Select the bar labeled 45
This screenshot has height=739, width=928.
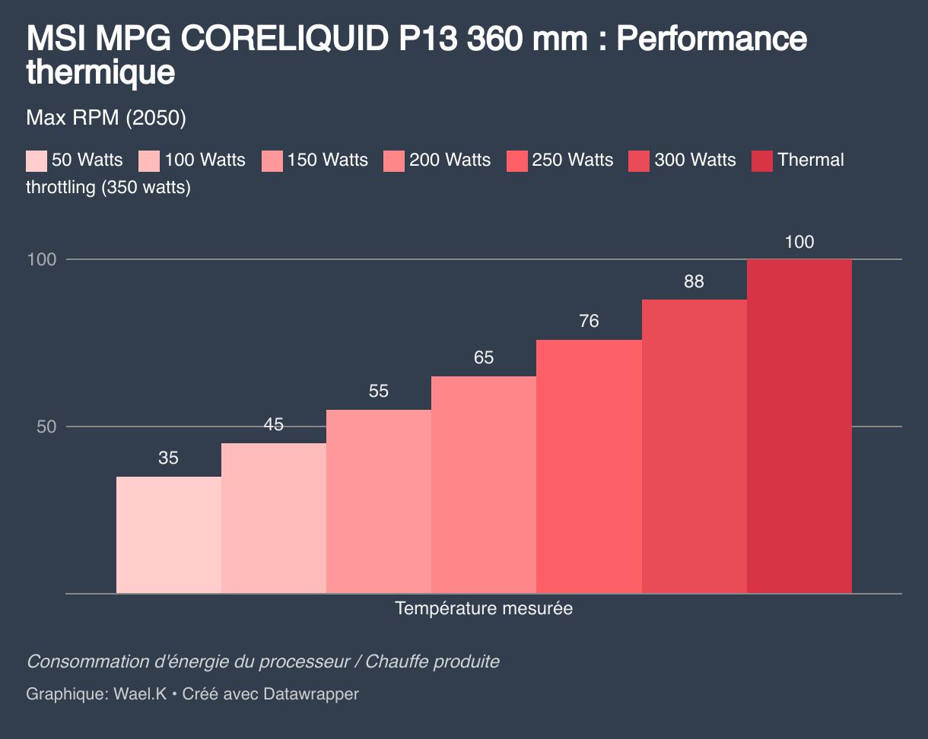274,518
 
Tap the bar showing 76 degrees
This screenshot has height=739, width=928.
589,466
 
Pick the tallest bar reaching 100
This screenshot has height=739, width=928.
799,426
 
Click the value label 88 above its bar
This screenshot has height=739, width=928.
694,282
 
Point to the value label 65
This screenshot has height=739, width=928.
484,358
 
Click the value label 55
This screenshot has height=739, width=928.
379,392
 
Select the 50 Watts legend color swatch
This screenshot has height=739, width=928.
37,160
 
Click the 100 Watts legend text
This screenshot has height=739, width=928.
205,160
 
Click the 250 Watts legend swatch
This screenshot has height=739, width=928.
517,160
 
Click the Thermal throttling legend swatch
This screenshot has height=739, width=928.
762,160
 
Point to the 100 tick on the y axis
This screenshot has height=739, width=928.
42,260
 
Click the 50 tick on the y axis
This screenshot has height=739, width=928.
46,427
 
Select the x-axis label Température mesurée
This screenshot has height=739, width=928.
484,609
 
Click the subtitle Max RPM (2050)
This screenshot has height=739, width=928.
106,119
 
